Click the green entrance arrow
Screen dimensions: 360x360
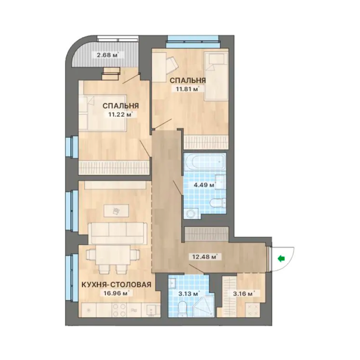[281, 259]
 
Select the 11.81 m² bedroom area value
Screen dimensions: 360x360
[187, 89]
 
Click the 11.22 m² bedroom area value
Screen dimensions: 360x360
[120, 114]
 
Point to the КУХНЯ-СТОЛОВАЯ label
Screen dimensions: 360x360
[117, 285]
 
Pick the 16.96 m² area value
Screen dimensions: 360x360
[115, 293]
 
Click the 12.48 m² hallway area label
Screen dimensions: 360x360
[203, 257]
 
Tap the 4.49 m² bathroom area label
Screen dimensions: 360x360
[204, 185]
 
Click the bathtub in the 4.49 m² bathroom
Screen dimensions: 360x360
[204, 162]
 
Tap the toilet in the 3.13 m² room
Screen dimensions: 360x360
[183, 307]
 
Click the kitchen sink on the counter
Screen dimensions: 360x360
[151, 310]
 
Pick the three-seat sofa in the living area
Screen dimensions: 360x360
[118, 233]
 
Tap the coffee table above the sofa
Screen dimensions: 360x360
[116, 210]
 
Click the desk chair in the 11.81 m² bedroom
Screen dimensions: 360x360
[172, 63]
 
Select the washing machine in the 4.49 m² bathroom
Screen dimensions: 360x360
[191, 213]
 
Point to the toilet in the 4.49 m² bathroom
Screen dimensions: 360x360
[218, 202]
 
